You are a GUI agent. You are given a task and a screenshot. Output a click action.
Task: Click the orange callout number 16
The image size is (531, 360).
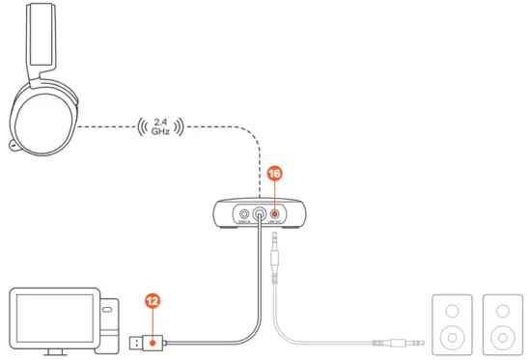pos(275,174)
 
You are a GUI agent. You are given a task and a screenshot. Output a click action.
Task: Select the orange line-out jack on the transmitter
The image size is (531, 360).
pos(276,214)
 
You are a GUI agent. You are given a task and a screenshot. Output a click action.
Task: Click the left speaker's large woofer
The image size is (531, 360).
pos(451,339)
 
